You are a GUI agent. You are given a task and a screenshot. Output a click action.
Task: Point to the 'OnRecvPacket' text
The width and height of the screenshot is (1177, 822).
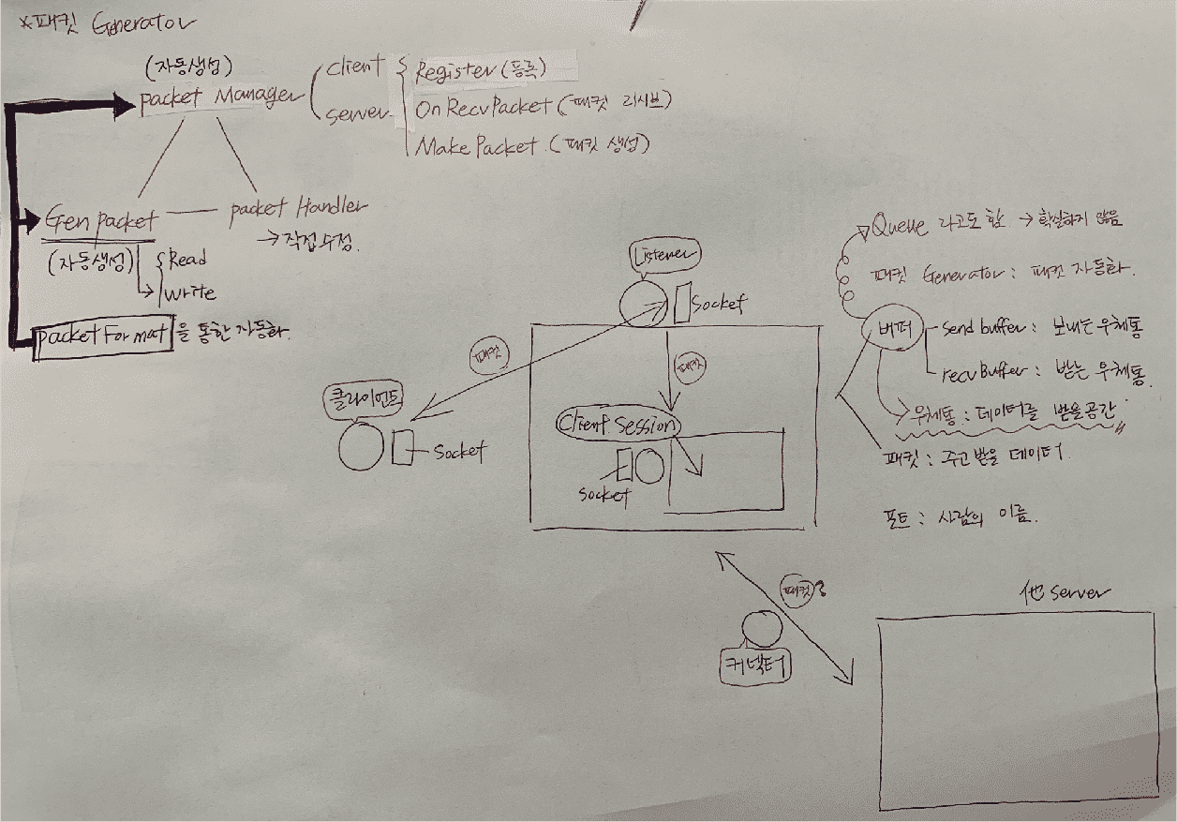point(483,107)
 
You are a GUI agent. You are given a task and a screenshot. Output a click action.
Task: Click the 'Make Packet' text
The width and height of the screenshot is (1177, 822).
point(476,146)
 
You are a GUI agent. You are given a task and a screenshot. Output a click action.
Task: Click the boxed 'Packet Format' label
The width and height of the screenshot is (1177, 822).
point(102,335)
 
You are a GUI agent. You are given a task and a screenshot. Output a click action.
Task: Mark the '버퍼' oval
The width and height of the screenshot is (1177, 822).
point(890,329)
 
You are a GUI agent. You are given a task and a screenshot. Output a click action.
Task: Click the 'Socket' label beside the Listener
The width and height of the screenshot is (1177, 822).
point(719,304)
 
